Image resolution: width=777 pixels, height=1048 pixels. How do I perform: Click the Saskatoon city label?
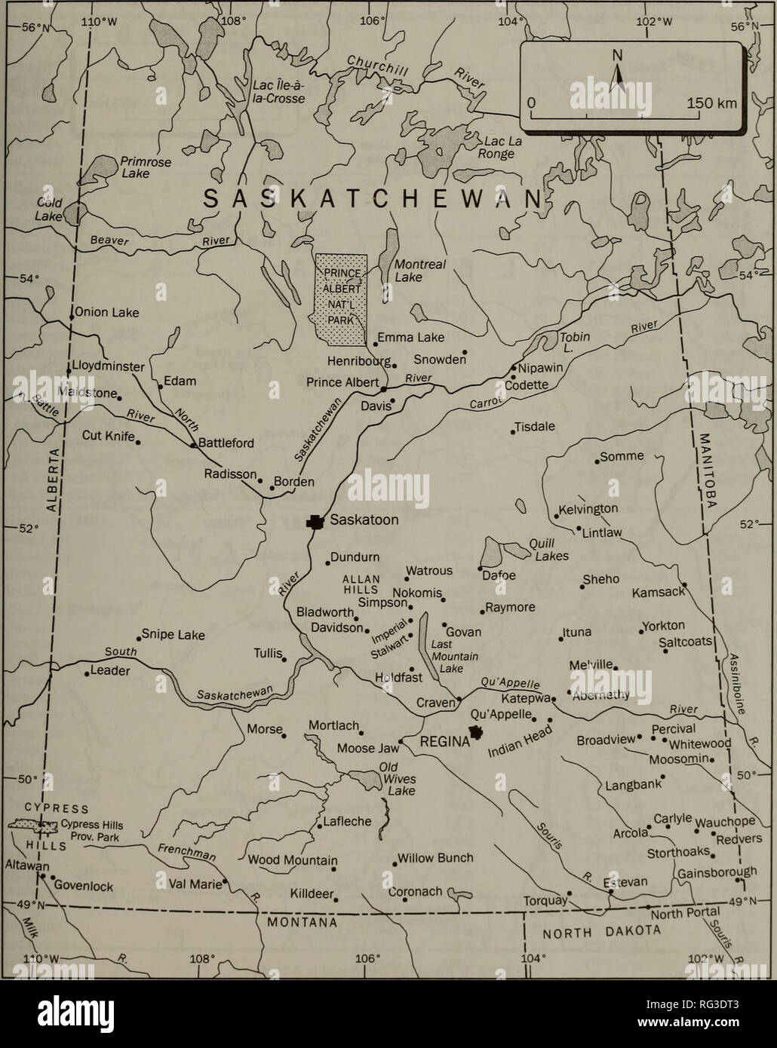point(364,520)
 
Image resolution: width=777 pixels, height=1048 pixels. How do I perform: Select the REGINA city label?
point(444,742)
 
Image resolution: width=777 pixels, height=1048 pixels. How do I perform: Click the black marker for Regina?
point(477,732)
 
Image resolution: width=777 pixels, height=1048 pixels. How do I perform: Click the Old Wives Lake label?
point(399,779)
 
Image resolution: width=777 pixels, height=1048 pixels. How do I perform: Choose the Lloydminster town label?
point(108,366)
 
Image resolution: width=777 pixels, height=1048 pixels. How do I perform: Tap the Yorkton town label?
point(663,626)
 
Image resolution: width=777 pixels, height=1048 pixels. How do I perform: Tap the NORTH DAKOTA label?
point(603,932)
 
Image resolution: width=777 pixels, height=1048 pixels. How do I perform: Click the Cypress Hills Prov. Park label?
point(89,830)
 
